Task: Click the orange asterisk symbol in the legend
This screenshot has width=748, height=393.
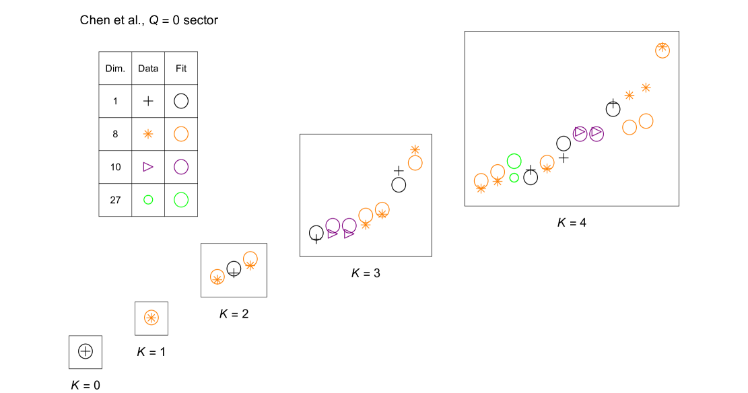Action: (148, 134)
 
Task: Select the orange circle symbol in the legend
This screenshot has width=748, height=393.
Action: (181, 134)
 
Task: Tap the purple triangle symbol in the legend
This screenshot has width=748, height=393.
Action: (148, 167)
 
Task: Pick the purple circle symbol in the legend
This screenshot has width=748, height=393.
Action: (181, 167)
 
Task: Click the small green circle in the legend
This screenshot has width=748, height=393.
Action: (148, 200)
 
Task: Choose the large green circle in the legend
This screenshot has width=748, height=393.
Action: (181, 200)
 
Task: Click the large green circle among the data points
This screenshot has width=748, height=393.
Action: (514, 161)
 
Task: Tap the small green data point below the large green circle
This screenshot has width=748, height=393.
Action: (514, 178)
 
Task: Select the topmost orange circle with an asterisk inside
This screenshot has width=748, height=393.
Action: (662, 50)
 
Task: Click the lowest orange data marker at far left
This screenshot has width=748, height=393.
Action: (151, 318)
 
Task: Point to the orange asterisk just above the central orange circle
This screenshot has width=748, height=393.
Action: (415, 150)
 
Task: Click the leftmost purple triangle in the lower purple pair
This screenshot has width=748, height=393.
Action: (333, 234)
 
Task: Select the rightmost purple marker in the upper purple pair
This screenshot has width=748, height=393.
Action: (597, 133)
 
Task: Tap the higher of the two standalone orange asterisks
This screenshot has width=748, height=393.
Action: (646, 87)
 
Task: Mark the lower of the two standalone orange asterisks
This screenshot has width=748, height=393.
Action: (630, 96)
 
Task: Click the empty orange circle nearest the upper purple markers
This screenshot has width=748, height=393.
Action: (630, 127)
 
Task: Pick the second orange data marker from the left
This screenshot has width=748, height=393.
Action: (217, 277)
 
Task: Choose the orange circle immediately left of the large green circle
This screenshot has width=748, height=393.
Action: (498, 172)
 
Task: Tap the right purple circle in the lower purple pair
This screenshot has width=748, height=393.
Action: (349, 225)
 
